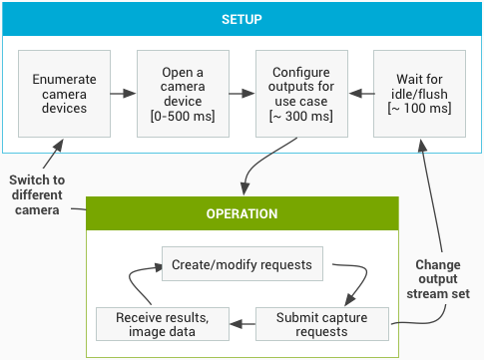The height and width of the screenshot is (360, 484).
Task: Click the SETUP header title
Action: pyautogui.click(x=241, y=19)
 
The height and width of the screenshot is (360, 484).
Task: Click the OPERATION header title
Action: pyautogui.click(x=242, y=213)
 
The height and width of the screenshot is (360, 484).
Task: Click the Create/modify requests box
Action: pyautogui.click(x=242, y=264)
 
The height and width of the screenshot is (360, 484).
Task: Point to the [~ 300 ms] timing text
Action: pyautogui.click(x=301, y=117)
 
